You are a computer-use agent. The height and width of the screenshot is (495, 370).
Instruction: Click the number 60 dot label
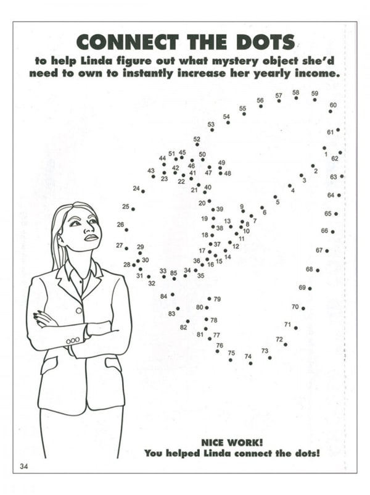333,105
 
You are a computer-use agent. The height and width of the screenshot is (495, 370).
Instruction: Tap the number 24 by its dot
136,188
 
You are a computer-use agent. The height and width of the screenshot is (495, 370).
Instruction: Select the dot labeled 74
250,363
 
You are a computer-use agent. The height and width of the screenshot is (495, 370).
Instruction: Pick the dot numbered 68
318,270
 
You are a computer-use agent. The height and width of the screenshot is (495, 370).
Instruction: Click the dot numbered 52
197,144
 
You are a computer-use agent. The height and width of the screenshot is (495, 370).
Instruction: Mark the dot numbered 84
173,294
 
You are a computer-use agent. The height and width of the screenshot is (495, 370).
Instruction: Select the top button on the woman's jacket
78,309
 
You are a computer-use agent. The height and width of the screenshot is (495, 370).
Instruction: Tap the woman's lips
91,237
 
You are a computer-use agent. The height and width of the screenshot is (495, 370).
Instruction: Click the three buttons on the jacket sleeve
73,339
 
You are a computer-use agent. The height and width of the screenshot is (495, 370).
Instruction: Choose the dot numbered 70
303,308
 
